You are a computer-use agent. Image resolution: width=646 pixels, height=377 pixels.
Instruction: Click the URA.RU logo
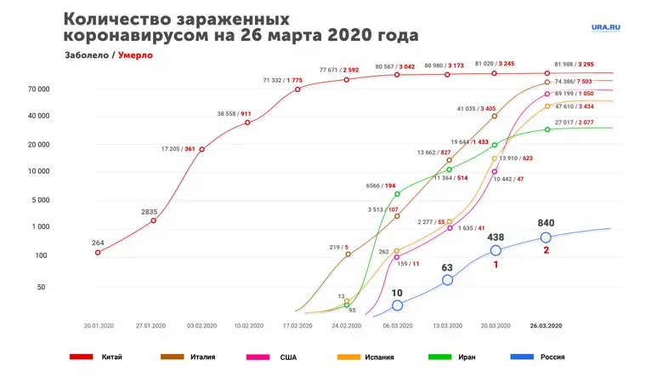(x=606, y=26)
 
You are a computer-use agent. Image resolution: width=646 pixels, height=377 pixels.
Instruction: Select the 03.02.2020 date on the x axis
(x=201, y=325)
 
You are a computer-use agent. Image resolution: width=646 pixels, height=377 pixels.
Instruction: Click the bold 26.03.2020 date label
(x=546, y=325)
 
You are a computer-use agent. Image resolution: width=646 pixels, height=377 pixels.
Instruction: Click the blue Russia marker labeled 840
(x=546, y=237)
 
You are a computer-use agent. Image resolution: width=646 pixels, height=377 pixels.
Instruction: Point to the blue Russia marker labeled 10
(x=397, y=305)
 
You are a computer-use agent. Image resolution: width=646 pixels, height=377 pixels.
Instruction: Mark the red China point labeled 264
(x=98, y=252)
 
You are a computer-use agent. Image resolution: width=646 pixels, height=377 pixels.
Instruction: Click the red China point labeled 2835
(x=153, y=220)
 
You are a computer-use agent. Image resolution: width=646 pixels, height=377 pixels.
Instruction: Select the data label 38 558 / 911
(x=235, y=113)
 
